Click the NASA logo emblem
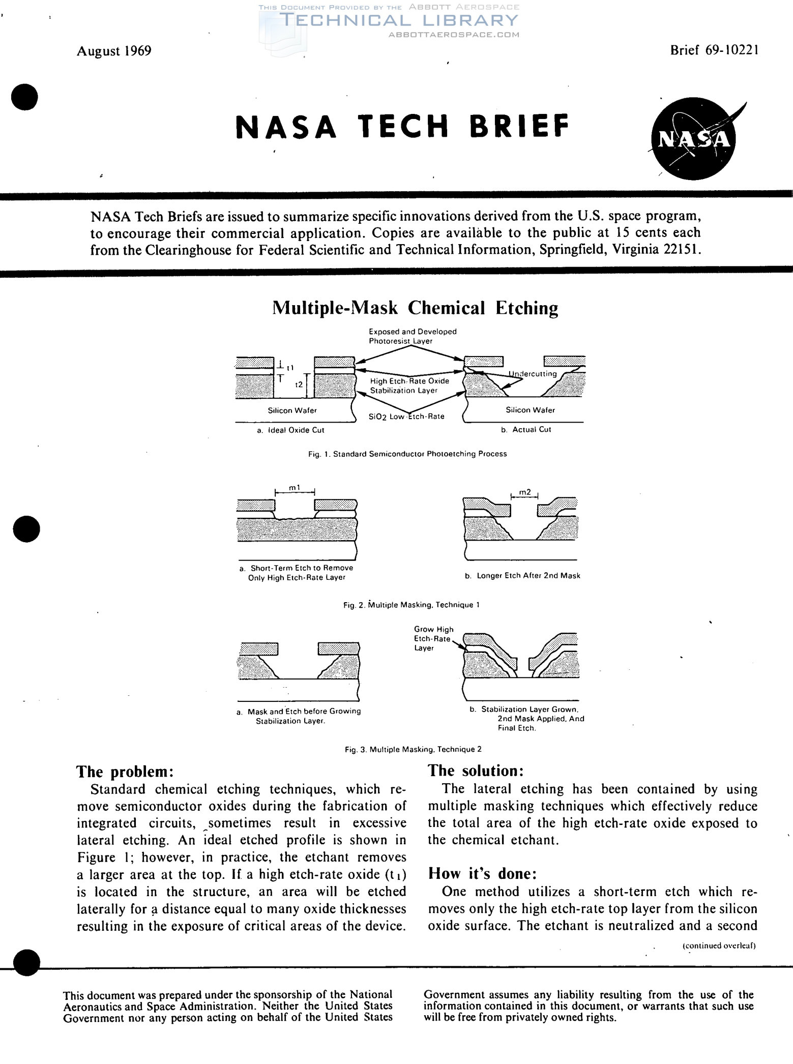694,138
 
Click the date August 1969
114,51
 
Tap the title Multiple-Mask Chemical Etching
415,308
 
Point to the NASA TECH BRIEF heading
402,127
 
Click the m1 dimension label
295,488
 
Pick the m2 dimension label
525,492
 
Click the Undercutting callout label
533,374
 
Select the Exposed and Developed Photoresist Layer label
413,336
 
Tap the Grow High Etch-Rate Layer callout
433,638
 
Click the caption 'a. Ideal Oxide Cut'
290,430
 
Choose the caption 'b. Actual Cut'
525,430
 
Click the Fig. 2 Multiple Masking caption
411,605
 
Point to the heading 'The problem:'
125,772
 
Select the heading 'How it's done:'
482,873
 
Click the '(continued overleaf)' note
719,945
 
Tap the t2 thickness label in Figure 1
299,385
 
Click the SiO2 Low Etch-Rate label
406,417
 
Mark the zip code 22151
683,250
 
